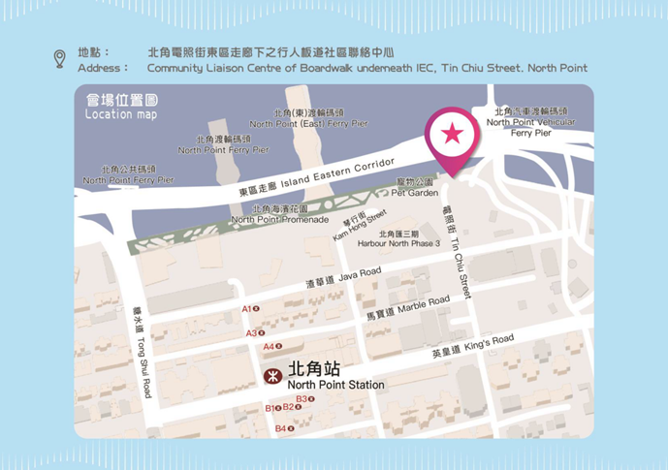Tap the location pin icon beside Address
point(59,59)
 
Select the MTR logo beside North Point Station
point(273,375)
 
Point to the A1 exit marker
point(250,309)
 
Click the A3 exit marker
point(254,333)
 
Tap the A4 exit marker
point(272,346)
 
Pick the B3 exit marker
point(304,399)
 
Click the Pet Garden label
point(417,188)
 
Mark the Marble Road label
point(407,307)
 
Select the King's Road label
point(472,346)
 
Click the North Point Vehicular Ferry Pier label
point(530,122)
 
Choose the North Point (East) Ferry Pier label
point(308,119)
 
